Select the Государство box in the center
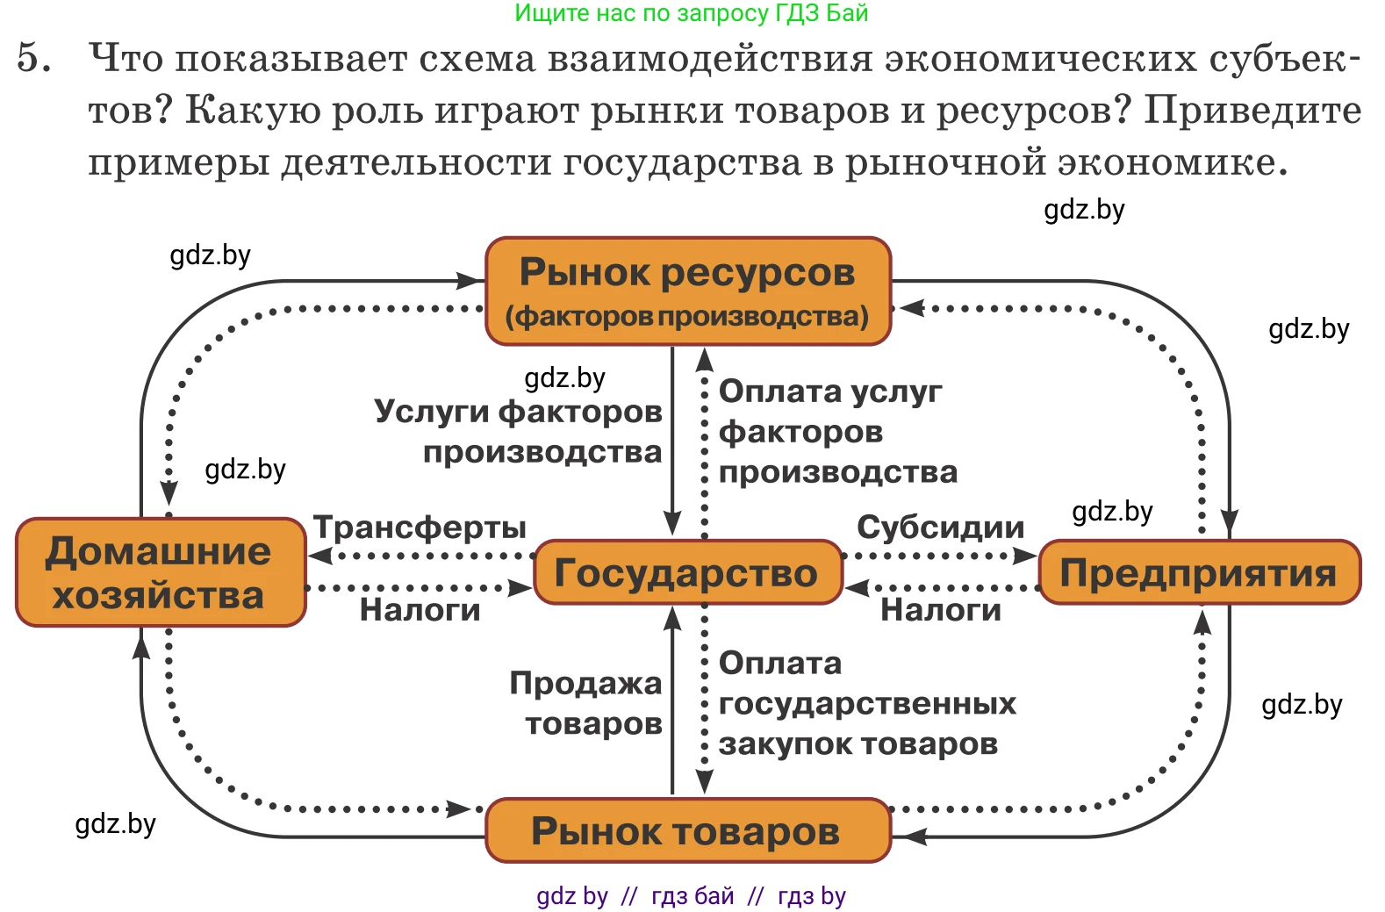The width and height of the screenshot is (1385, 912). point(687,572)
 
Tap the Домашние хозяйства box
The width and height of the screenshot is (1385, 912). point(160,572)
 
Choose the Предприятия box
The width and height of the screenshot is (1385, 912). point(1198,572)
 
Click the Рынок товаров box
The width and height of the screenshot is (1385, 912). point(687,830)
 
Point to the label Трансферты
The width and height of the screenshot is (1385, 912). point(420,528)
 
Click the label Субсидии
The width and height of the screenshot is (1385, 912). point(940,528)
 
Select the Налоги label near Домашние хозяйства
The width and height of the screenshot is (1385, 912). point(420,609)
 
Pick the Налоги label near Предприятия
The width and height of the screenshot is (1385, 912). point(940,609)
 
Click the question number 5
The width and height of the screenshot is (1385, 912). point(33,58)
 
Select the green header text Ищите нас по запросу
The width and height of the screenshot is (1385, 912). point(691,13)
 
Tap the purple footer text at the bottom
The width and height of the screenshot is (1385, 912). point(691,896)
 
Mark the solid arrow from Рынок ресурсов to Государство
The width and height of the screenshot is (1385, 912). point(672,439)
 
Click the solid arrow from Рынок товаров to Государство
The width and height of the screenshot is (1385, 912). point(672,702)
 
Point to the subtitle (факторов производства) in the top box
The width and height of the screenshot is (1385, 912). point(687,316)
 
